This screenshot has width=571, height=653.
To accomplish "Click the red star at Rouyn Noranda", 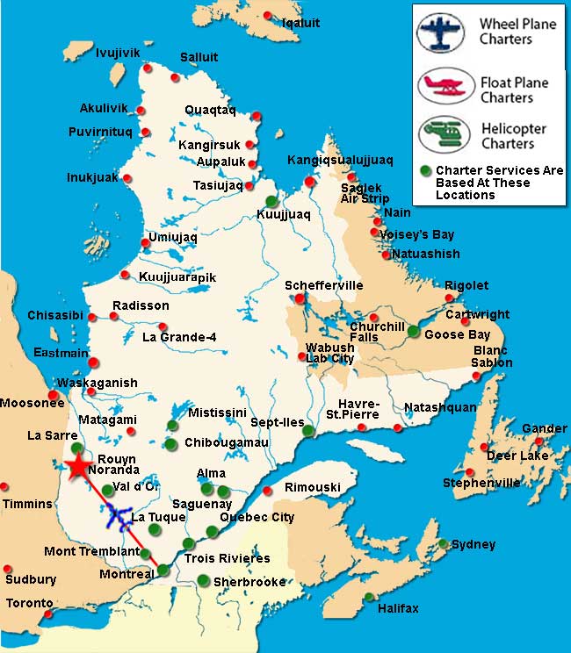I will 79,466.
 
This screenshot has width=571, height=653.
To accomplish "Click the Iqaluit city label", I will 301,24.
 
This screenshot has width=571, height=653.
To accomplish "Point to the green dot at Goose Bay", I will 413,331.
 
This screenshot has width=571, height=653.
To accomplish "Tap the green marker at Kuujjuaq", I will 271,201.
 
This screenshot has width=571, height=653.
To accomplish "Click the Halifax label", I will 398,608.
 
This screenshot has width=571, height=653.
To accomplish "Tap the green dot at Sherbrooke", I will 204,579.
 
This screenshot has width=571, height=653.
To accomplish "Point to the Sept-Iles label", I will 277,422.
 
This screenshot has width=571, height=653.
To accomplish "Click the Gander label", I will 544,428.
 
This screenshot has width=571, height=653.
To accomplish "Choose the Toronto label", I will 29,604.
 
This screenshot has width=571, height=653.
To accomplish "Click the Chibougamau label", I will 226,443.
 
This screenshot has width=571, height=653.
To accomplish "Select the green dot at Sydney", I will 445,543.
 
